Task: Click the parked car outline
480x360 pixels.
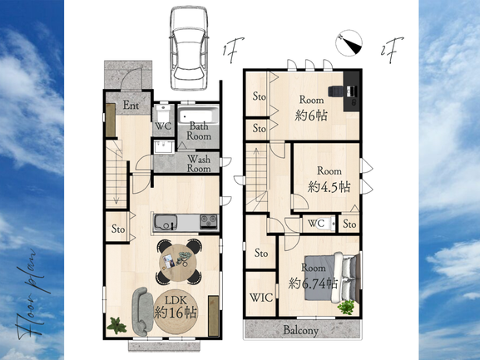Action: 189,48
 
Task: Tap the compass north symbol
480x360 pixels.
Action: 349,43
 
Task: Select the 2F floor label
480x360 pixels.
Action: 392,50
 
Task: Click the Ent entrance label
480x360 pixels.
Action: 131,106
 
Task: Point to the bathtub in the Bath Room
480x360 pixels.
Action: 198,116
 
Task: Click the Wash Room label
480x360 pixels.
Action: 199,164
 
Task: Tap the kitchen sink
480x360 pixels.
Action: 166,223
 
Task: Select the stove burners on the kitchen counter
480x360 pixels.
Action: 209,221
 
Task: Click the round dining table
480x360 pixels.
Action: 179,263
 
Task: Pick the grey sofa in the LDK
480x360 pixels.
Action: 142,312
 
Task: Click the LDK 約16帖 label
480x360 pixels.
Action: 176,308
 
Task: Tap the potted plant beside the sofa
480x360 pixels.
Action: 116,325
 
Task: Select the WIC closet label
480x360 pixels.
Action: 261,298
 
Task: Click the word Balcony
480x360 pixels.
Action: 301,330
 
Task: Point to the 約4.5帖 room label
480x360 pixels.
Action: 329,187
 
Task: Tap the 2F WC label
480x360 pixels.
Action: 316,224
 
